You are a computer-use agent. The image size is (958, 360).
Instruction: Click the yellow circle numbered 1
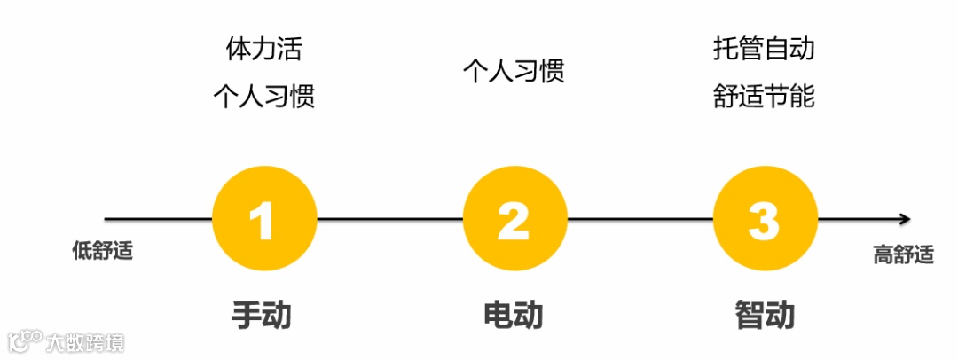coord(264,219)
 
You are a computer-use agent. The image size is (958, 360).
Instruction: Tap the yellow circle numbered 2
coord(514,219)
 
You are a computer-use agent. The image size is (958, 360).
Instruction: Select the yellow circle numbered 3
coord(765,219)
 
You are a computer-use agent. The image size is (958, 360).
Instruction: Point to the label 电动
coord(513,315)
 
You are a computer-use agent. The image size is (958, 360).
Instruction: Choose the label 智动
coord(765,315)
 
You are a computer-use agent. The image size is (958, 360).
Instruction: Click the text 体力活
coord(263,49)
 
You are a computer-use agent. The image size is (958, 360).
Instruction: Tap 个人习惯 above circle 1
coord(263,96)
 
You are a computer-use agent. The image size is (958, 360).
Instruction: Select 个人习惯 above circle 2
coord(514,71)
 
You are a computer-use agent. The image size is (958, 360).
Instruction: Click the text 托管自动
coord(763,49)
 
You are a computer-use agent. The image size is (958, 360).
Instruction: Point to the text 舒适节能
coord(763,96)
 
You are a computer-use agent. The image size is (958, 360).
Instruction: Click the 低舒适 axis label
coord(102,251)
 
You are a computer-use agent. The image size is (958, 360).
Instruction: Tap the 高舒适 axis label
coord(904,255)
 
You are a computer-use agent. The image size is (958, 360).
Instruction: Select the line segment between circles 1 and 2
coord(389,219)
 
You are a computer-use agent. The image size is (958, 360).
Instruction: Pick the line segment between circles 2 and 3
coord(640,219)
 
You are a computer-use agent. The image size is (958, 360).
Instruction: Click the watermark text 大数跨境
coord(85,341)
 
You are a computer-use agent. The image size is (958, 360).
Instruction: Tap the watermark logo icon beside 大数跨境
coord(25,340)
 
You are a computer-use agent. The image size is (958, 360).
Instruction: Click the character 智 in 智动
coord(750,315)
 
